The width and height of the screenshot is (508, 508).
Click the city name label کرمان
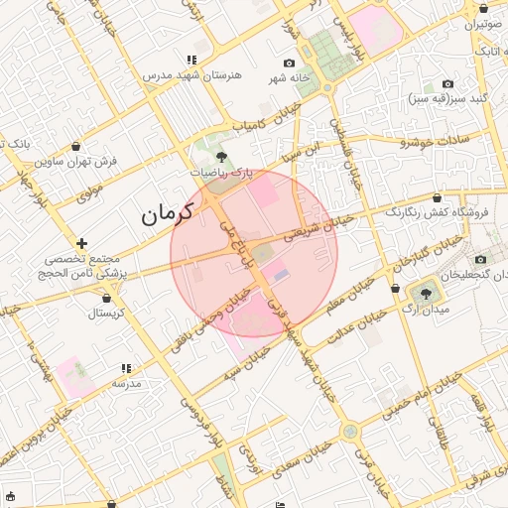(x=163, y=213)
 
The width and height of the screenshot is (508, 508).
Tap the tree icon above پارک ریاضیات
(x=220, y=156)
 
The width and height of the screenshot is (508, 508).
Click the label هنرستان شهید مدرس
(x=187, y=74)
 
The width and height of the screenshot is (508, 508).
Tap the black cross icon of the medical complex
(x=81, y=243)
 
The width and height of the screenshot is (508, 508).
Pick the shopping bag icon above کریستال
(x=107, y=296)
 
